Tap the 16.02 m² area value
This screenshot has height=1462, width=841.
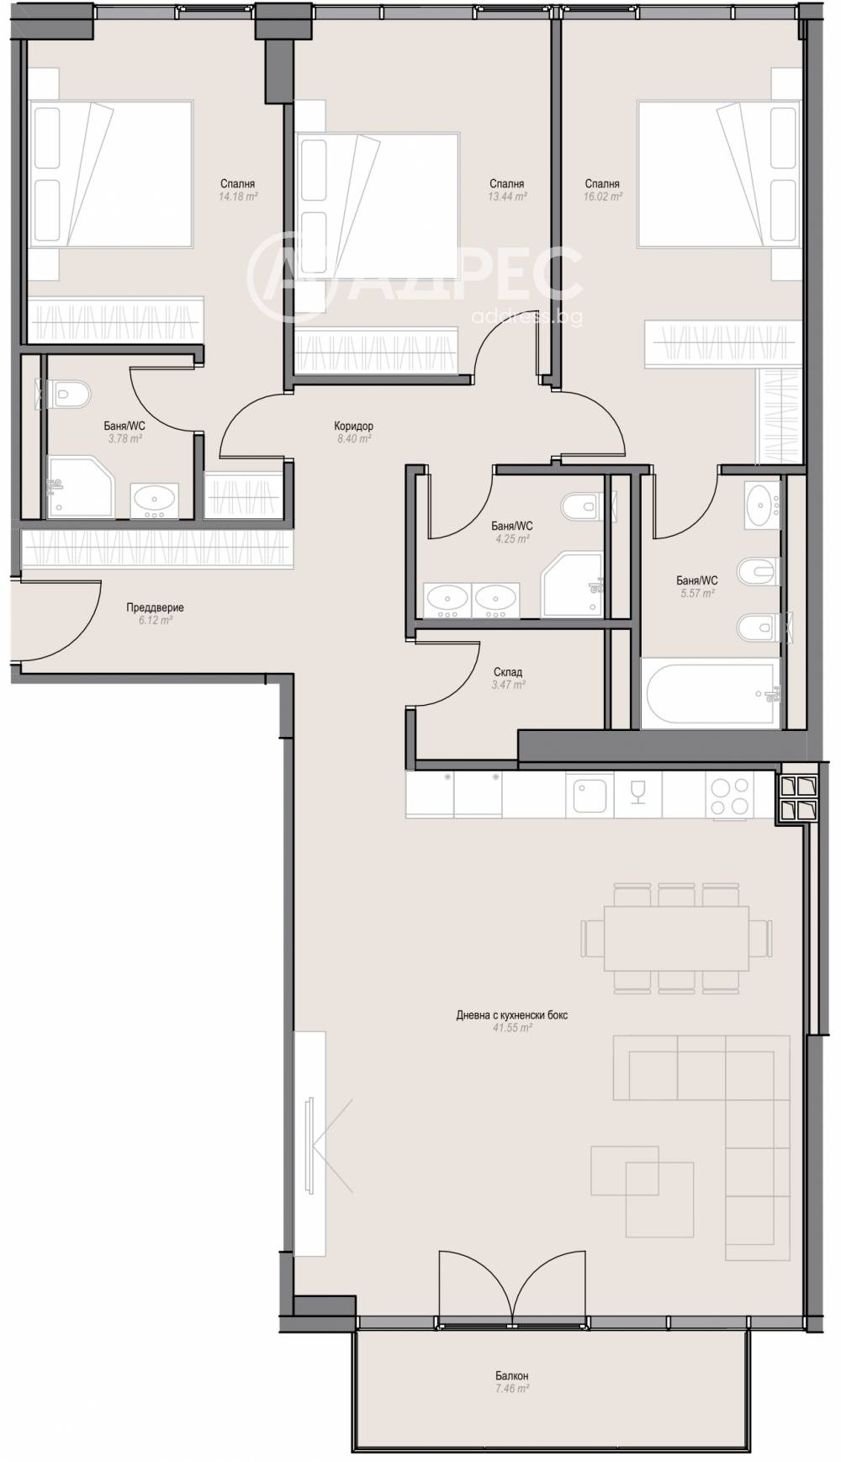(x=603, y=196)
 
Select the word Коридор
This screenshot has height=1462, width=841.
(x=353, y=426)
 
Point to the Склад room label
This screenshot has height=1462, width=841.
(x=508, y=672)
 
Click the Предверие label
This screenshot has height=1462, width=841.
(x=155, y=607)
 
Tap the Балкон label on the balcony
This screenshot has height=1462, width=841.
(x=512, y=1376)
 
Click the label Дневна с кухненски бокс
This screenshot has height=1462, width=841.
(x=512, y=1015)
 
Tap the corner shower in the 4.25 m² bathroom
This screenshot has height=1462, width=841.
(x=572, y=585)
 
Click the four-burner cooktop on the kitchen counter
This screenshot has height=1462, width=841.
(x=729, y=796)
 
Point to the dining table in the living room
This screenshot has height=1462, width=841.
(x=676, y=938)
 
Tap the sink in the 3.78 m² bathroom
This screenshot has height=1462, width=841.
(x=155, y=502)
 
